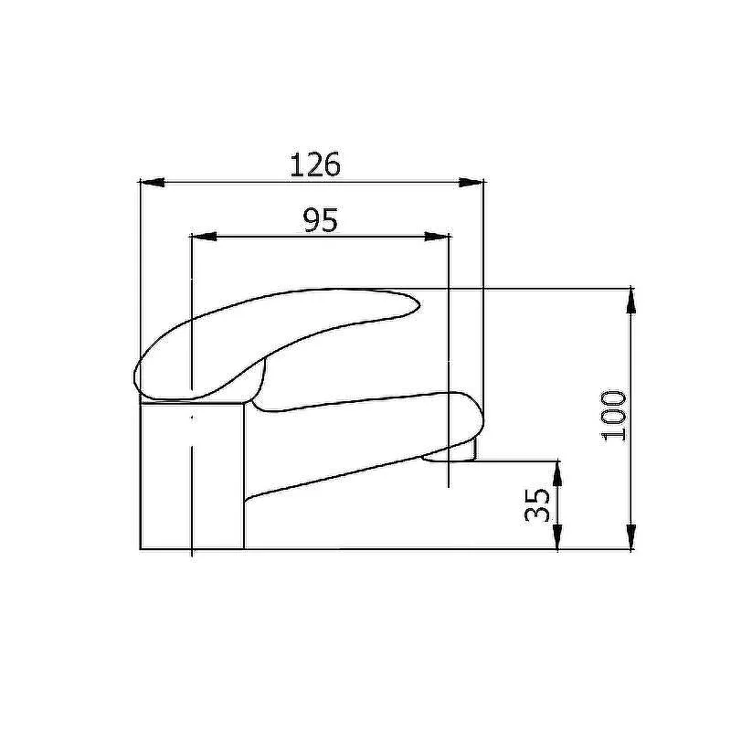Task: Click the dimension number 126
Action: (x=315, y=164)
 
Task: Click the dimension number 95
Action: (x=320, y=220)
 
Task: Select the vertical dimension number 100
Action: (x=614, y=416)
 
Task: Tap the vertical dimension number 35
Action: (x=537, y=505)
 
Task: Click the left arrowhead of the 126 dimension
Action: (x=153, y=182)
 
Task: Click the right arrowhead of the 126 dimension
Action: (x=471, y=182)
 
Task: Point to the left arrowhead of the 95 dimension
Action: (x=204, y=237)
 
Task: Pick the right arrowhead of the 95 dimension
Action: (x=437, y=237)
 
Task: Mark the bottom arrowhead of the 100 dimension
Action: (x=630, y=536)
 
